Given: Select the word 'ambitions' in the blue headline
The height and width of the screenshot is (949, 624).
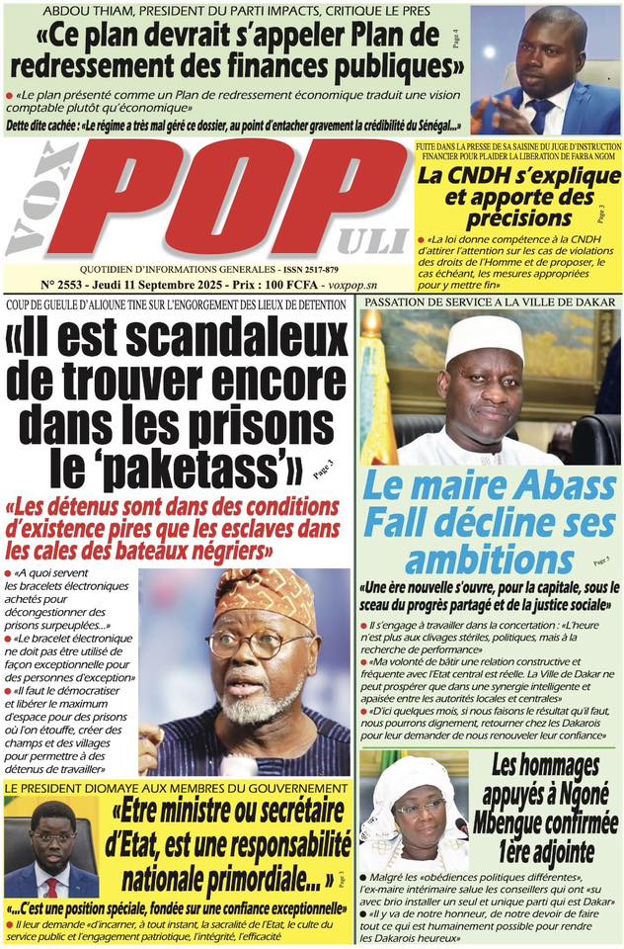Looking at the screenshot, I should pos(482,560).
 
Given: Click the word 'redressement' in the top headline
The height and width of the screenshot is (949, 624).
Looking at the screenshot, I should pos(120,67).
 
